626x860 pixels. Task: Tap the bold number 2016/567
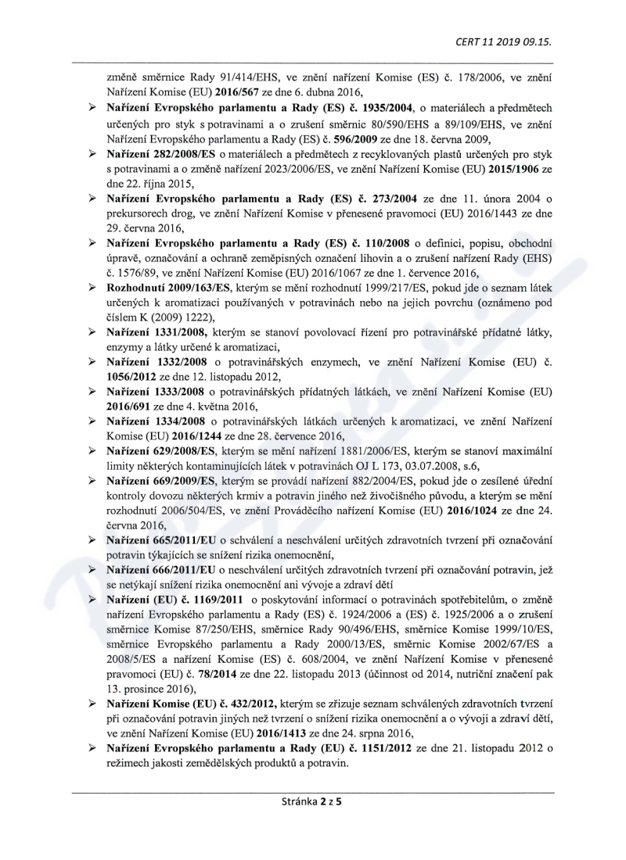(207, 91)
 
